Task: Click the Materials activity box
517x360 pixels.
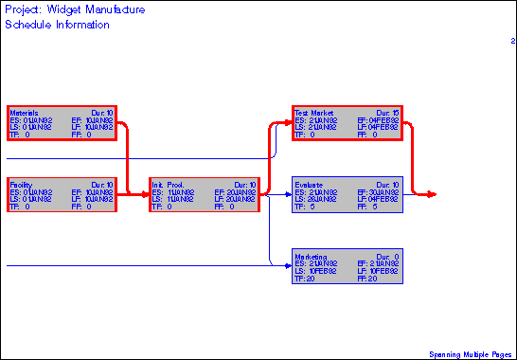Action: [x=62, y=123]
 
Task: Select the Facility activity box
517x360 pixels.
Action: [x=62, y=194]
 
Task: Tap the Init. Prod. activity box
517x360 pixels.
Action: [x=204, y=194]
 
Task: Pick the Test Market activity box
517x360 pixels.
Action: [x=348, y=123]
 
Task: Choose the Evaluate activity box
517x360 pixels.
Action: [x=348, y=194]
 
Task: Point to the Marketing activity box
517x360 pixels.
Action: [x=348, y=266]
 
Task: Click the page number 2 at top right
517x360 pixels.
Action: [x=512, y=41]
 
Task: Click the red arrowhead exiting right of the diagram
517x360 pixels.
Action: [x=432, y=194]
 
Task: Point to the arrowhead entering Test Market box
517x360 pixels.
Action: [x=288, y=123]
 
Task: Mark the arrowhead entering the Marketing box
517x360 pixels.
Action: [x=288, y=266]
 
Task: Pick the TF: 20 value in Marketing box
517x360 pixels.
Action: [x=304, y=279]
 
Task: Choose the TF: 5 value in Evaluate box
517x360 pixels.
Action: [x=302, y=207]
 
